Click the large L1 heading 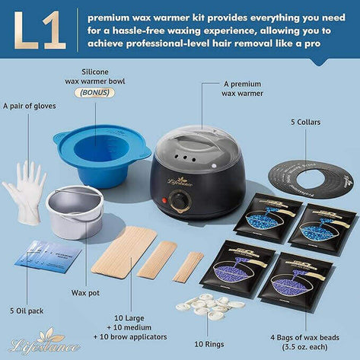point(39,30)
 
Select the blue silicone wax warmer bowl point(101,156)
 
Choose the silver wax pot point(75,212)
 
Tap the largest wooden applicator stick point(123,251)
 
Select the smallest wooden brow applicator point(188,266)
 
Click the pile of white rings point(208,305)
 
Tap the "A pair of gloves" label point(30,105)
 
